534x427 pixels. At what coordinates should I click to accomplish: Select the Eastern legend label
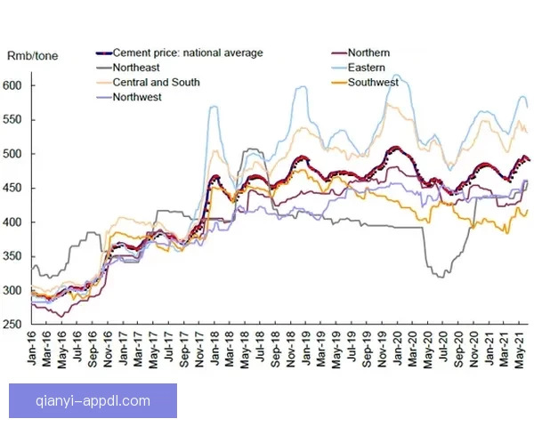pos(366,68)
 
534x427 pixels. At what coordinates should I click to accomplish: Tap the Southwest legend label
pos(373,83)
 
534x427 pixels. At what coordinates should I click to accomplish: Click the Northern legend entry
pos(368,53)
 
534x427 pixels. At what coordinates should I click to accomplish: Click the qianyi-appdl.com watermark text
pos(93,400)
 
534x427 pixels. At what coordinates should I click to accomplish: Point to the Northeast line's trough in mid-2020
pos(439,276)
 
